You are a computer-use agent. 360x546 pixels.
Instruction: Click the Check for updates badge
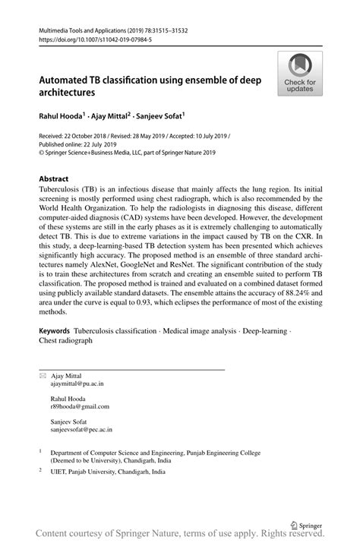point(300,74)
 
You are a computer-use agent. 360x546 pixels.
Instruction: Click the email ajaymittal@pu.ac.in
point(77,384)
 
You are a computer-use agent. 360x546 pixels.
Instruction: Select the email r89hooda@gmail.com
point(80,406)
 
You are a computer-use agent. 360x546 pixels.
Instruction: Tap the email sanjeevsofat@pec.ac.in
point(81,429)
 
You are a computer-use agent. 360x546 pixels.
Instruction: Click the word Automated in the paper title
point(70,79)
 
